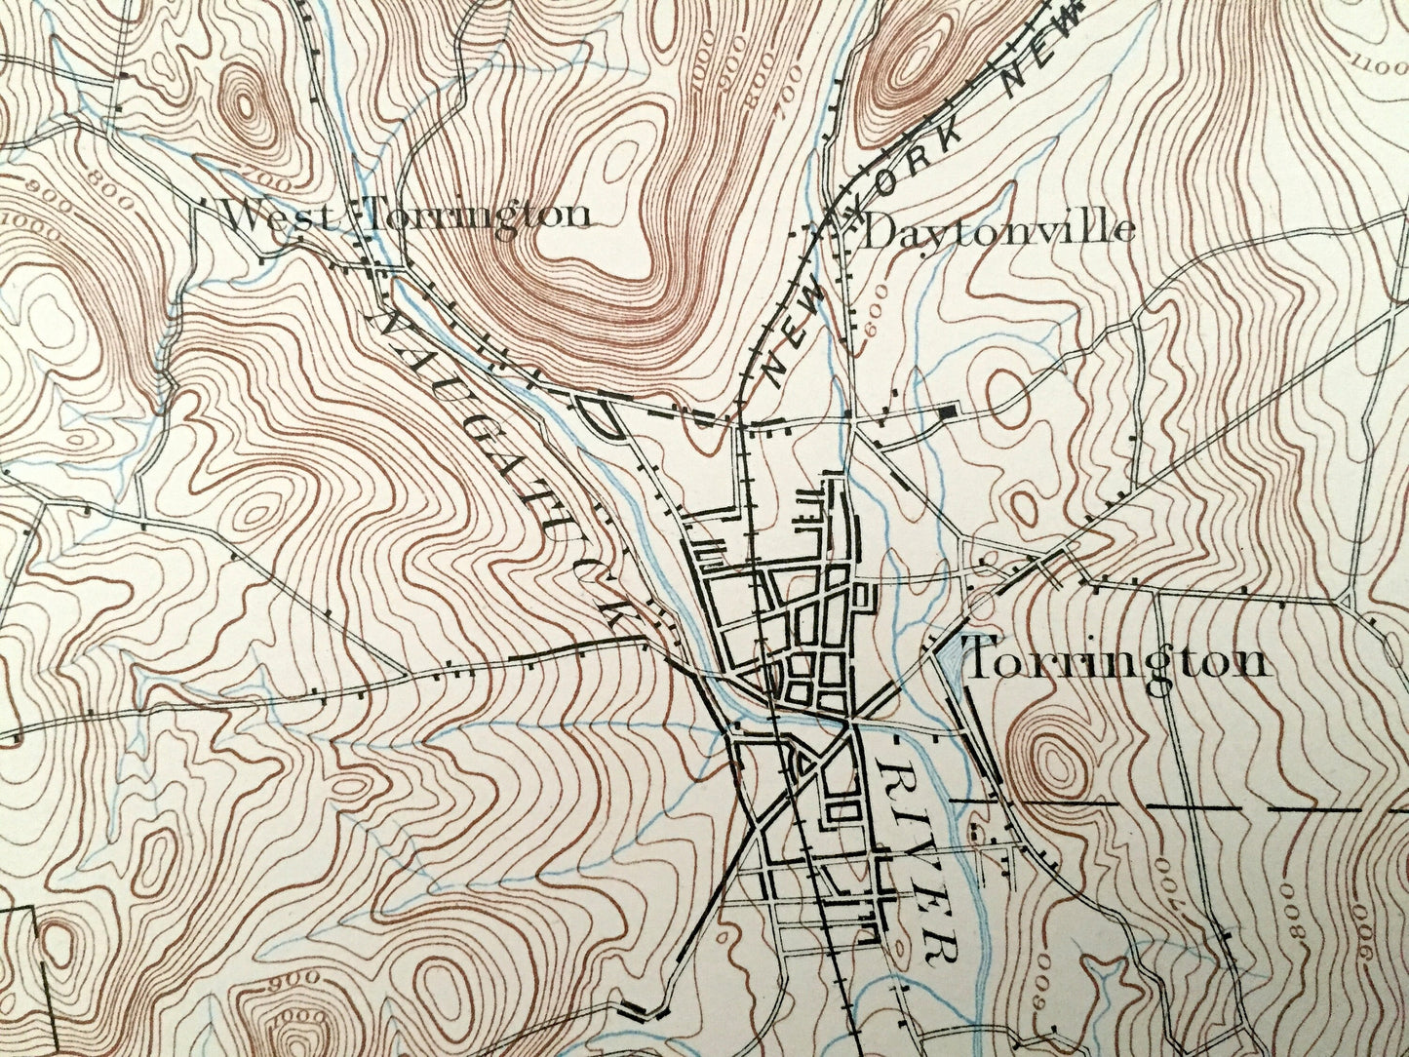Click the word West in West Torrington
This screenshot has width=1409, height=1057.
(278, 216)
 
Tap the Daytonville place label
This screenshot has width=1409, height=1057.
(999, 231)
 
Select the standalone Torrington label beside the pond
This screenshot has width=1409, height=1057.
(1116, 662)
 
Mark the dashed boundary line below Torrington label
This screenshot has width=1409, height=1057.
(1170, 808)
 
